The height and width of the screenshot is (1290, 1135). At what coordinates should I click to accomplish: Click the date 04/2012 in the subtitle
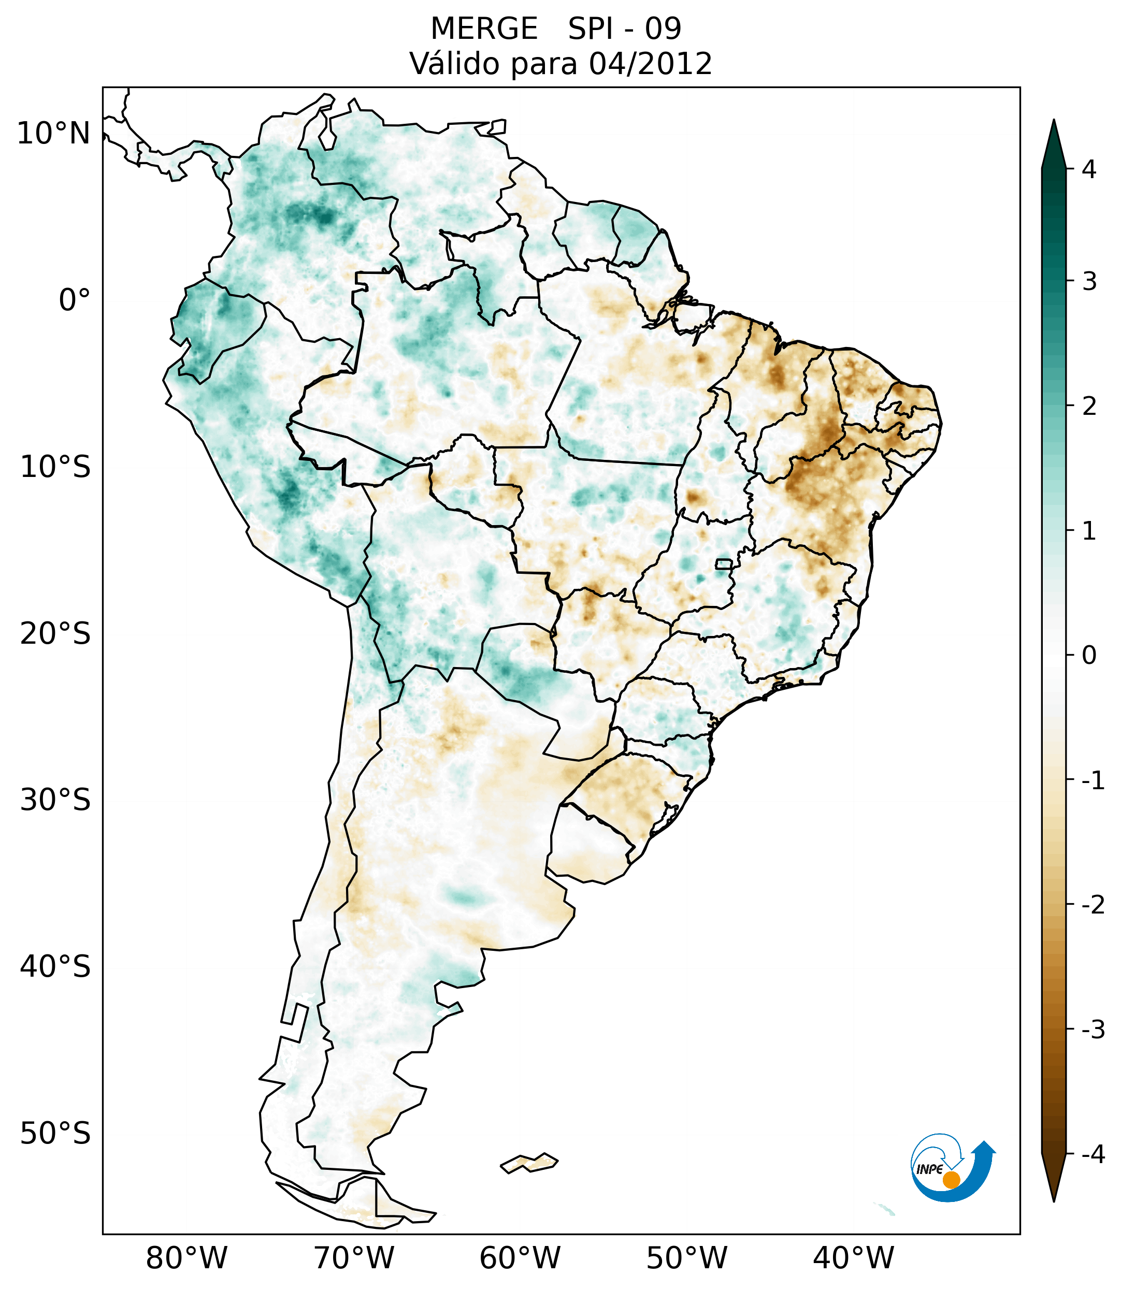(x=650, y=64)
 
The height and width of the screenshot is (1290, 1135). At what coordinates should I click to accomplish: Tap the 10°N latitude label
(x=54, y=134)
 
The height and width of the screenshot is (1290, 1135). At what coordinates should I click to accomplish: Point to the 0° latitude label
(x=75, y=300)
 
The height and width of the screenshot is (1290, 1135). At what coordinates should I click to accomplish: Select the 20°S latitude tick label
(x=55, y=633)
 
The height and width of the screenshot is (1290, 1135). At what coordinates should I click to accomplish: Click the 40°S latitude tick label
(x=55, y=966)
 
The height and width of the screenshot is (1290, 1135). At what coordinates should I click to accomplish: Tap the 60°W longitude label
(x=520, y=1258)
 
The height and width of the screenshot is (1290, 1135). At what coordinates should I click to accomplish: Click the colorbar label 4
(x=1089, y=169)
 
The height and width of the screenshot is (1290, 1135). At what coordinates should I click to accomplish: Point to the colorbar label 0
(x=1089, y=656)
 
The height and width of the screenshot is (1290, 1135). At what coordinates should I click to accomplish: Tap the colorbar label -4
(x=1093, y=1154)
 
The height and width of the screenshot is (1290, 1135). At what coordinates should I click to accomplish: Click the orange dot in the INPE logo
(x=951, y=1180)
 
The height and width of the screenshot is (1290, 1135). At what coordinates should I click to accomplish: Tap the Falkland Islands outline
(x=529, y=1162)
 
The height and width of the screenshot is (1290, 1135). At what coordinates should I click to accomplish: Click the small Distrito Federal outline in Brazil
(x=724, y=563)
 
